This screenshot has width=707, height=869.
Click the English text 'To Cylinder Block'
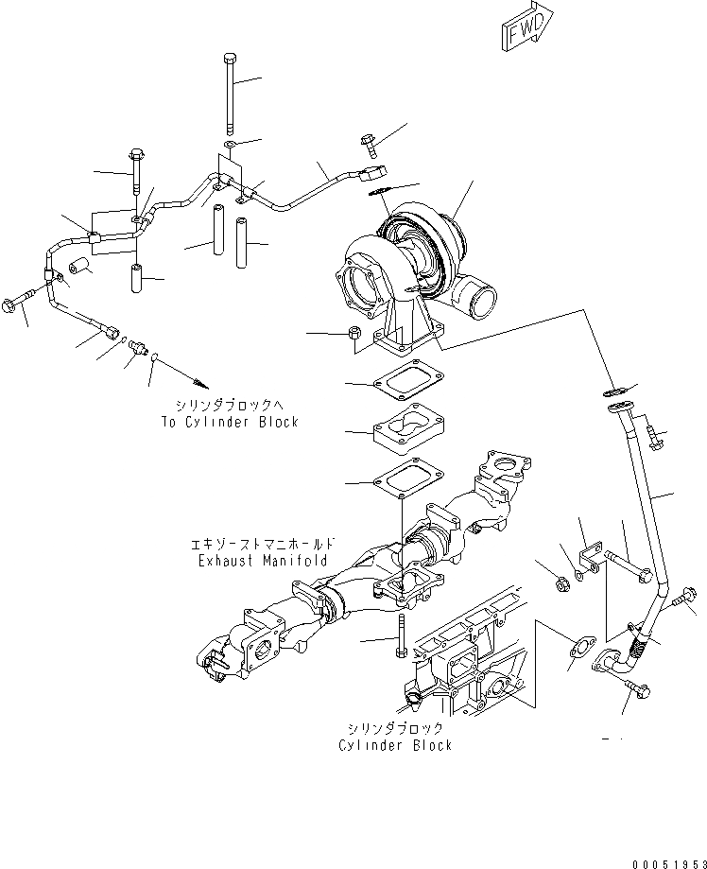229,422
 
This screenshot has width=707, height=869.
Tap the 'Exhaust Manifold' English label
263,561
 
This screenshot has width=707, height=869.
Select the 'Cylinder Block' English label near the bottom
395,745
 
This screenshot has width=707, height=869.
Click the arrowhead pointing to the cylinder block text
199,383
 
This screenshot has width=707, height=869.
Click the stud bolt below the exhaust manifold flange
403,637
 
